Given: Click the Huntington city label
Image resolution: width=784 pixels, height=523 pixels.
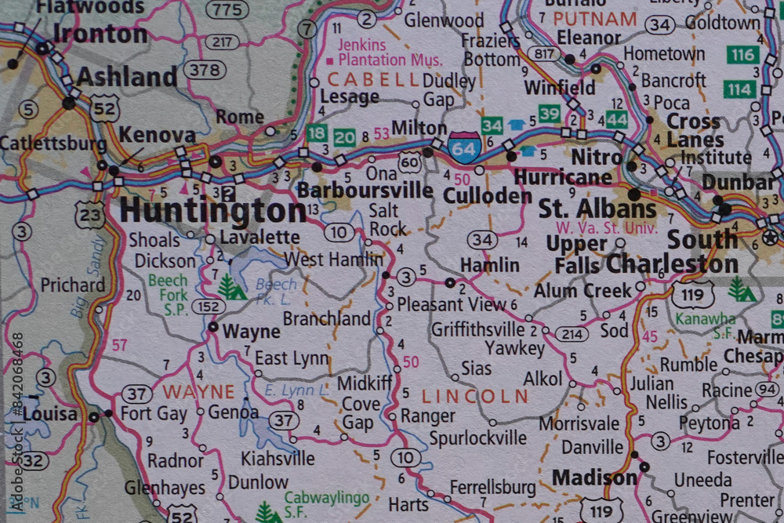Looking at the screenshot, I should [212, 211].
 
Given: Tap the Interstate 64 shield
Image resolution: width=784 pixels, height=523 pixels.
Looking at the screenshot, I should [465, 147].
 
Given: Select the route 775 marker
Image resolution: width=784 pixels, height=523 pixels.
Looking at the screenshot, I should [228, 9].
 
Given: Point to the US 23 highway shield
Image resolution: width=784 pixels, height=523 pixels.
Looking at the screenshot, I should [90, 213].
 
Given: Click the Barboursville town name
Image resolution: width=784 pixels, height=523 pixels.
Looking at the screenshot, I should [365, 191].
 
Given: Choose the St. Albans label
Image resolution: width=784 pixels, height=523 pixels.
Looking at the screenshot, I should [597, 209].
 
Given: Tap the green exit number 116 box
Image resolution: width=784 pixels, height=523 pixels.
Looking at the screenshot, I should [742, 55].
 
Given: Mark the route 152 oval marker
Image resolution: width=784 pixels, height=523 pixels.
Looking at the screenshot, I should [209, 307].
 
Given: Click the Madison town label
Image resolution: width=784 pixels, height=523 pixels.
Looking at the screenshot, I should [594, 478].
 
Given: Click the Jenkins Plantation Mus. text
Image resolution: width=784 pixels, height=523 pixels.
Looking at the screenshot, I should [384, 53].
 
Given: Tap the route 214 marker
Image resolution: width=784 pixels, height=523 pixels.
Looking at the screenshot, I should [572, 334].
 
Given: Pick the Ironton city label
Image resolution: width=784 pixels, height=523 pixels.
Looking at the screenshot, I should [100, 35].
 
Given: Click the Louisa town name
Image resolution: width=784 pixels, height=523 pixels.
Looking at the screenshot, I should [50, 414].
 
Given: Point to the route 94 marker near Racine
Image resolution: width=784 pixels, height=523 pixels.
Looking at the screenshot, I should [766, 390].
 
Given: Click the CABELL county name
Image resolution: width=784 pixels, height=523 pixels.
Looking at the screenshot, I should [373, 79].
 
